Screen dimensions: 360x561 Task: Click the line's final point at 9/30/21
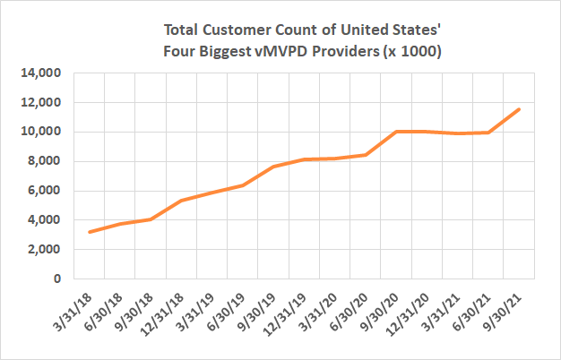(519, 109)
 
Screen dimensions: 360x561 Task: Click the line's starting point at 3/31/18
(89, 232)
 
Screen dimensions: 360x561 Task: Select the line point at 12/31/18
(181, 201)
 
